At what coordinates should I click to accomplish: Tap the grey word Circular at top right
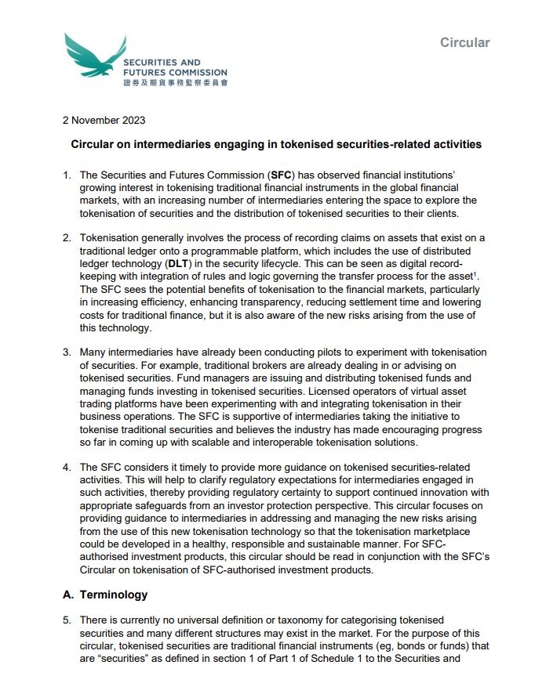click(464, 42)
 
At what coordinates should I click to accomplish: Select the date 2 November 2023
click(104, 121)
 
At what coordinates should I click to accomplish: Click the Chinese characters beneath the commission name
click(175, 82)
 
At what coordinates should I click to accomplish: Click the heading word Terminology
click(114, 595)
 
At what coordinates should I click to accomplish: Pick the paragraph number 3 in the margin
click(67, 352)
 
